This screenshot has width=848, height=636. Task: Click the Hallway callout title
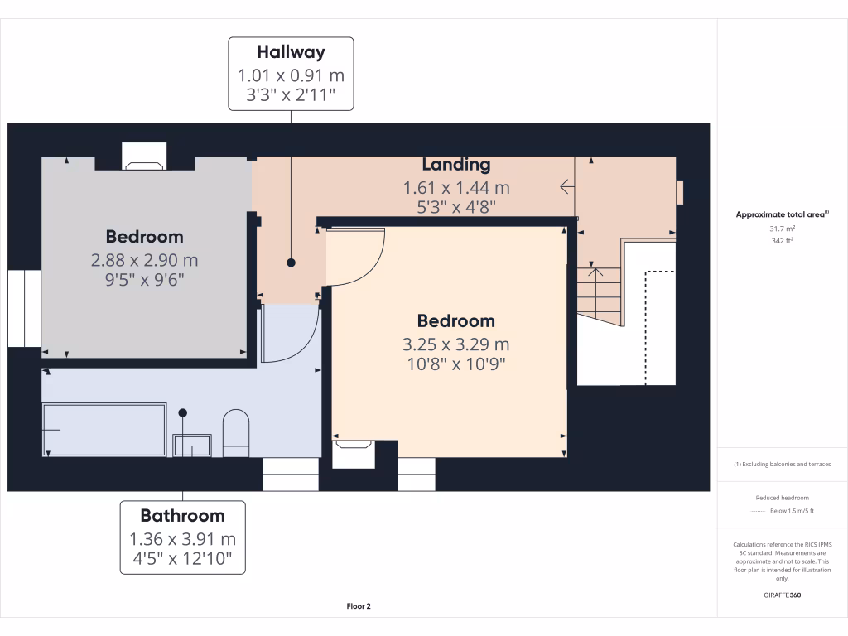click(291, 53)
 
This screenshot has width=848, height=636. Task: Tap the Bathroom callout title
click(182, 516)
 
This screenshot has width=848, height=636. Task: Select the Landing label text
click(456, 164)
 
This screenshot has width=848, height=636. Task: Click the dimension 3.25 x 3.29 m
click(456, 344)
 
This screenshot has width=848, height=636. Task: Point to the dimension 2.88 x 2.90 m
click(145, 260)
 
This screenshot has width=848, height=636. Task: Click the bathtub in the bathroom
click(104, 428)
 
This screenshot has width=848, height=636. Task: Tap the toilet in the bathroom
click(236, 432)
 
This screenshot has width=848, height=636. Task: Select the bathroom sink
click(192, 445)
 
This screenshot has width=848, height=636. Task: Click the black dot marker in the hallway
click(291, 263)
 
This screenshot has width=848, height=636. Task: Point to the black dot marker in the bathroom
click(183, 412)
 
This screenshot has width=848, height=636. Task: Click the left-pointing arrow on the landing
click(567, 186)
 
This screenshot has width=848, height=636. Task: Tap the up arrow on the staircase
click(594, 269)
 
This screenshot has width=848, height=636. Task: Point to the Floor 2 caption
click(359, 606)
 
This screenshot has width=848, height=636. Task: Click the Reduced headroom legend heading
click(783, 498)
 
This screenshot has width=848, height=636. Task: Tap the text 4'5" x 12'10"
click(182, 560)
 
